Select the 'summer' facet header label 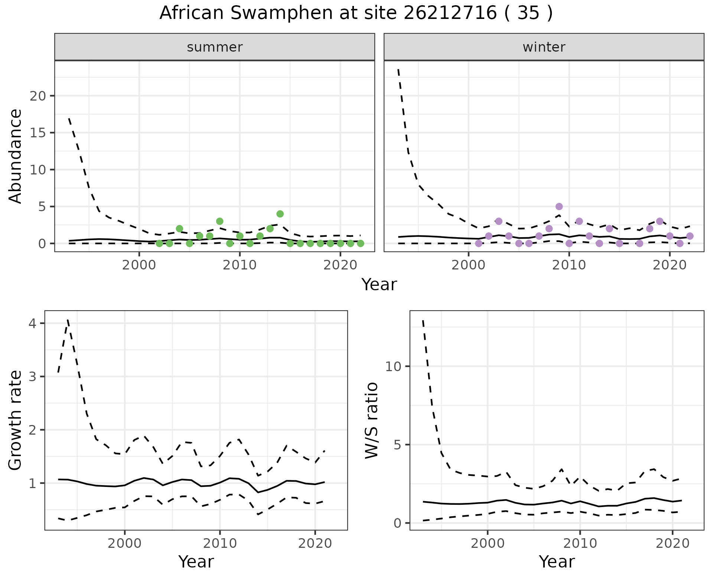[215, 47]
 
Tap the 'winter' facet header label [544, 47]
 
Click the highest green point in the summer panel [280, 214]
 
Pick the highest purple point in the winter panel [559, 206]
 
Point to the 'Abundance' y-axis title [16, 156]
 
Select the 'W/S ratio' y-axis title [371, 420]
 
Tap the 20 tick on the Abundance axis [37, 96]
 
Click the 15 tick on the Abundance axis [37, 133]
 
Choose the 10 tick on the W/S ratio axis [394, 366]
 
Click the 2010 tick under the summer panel [240, 265]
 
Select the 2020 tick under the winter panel [669, 265]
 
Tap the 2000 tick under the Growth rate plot [125, 544]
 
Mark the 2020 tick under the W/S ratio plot [672, 544]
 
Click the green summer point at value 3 [219, 221]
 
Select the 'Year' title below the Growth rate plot [196, 562]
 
